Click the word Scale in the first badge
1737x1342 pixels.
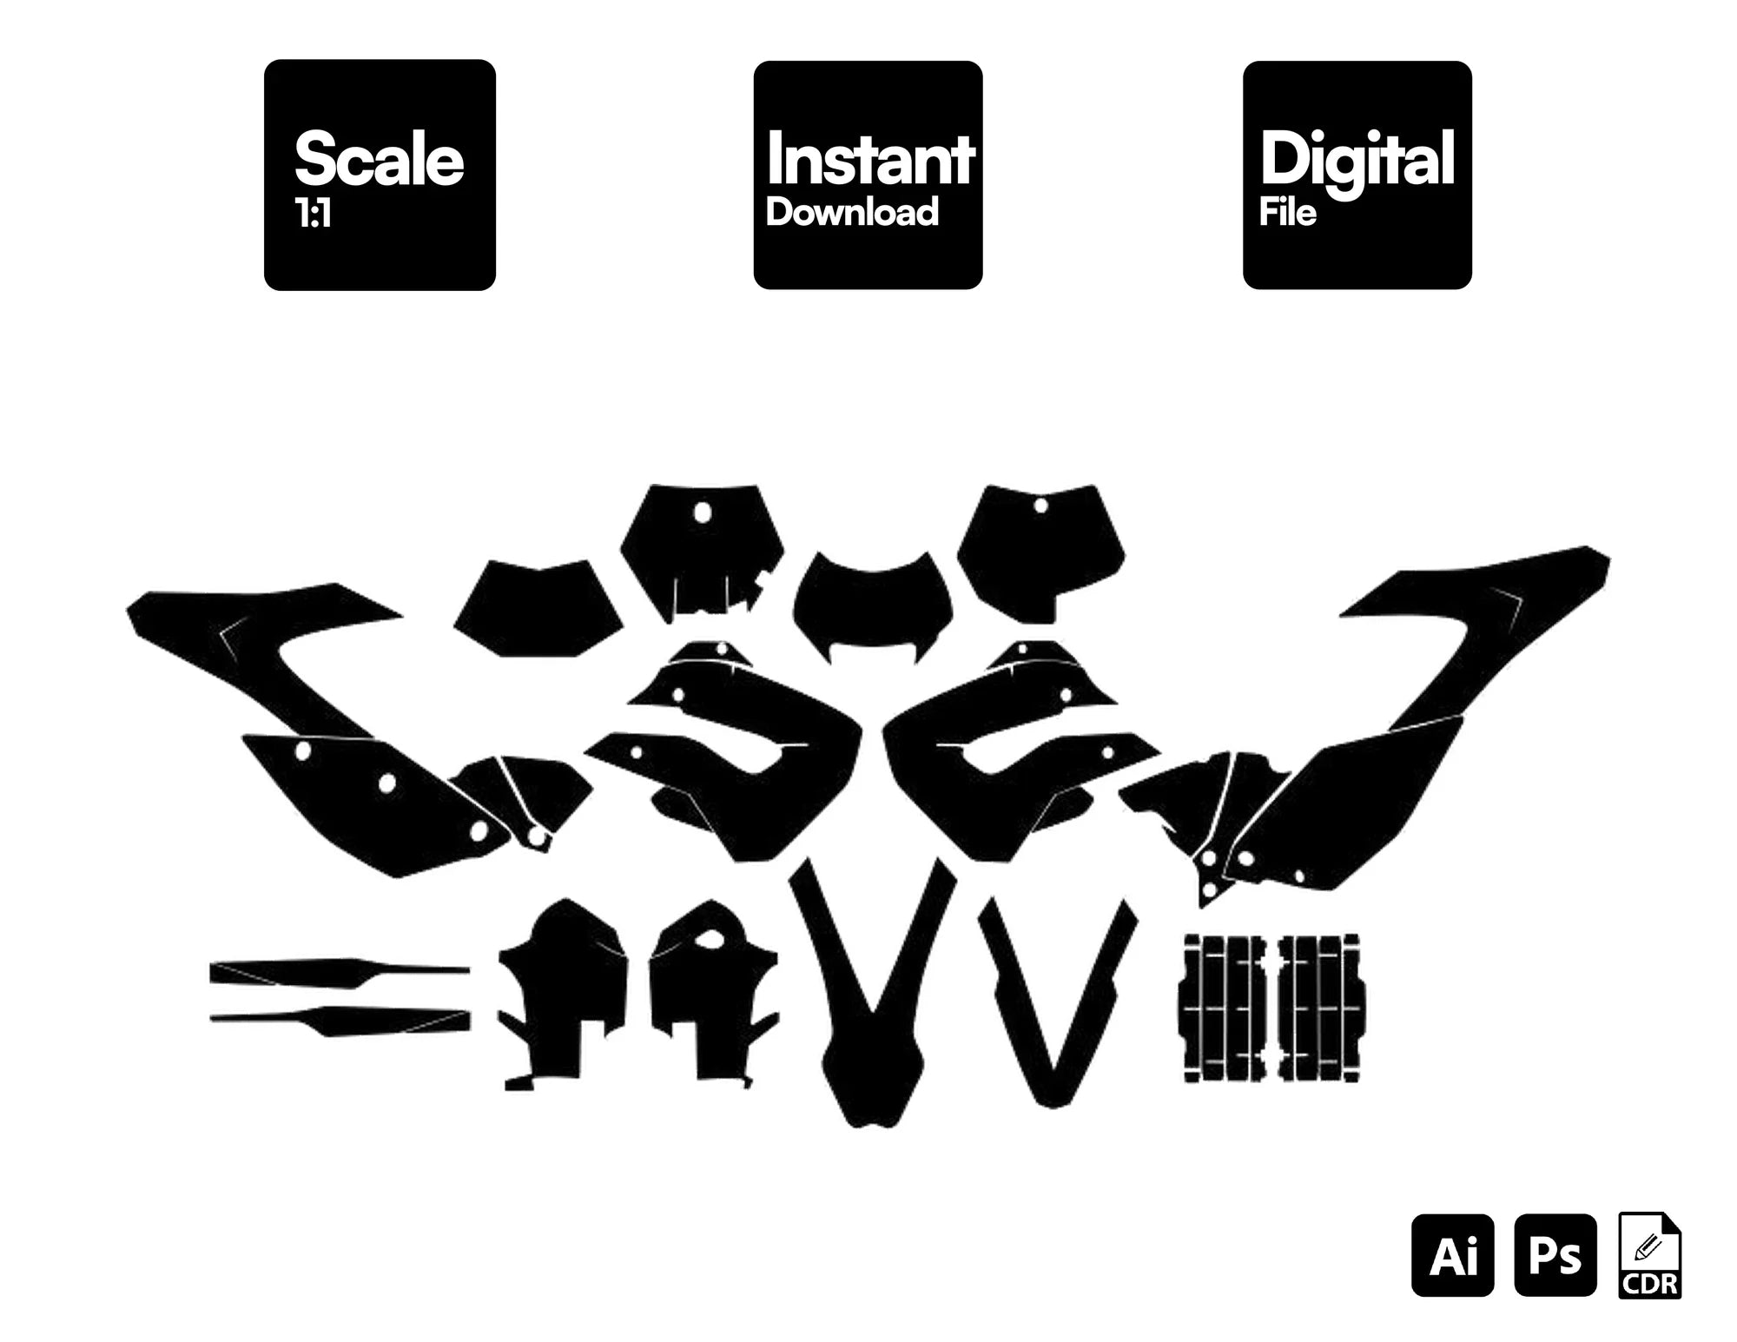point(380,159)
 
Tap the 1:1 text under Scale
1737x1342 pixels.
point(314,214)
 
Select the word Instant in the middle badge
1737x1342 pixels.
point(870,159)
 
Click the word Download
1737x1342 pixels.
point(852,213)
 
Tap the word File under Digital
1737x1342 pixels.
point(1288,213)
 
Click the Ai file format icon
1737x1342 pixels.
point(1453,1255)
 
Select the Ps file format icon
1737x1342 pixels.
point(1555,1255)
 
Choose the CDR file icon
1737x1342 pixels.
point(1650,1256)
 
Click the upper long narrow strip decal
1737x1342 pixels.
point(340,972)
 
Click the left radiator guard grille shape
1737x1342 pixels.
point(1221,1008)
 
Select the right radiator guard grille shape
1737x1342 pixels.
point(1319,1008)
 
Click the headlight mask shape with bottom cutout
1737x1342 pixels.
point(872,608)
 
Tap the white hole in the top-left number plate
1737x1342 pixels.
point(702,513)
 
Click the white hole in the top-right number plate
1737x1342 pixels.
point(1040,506)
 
